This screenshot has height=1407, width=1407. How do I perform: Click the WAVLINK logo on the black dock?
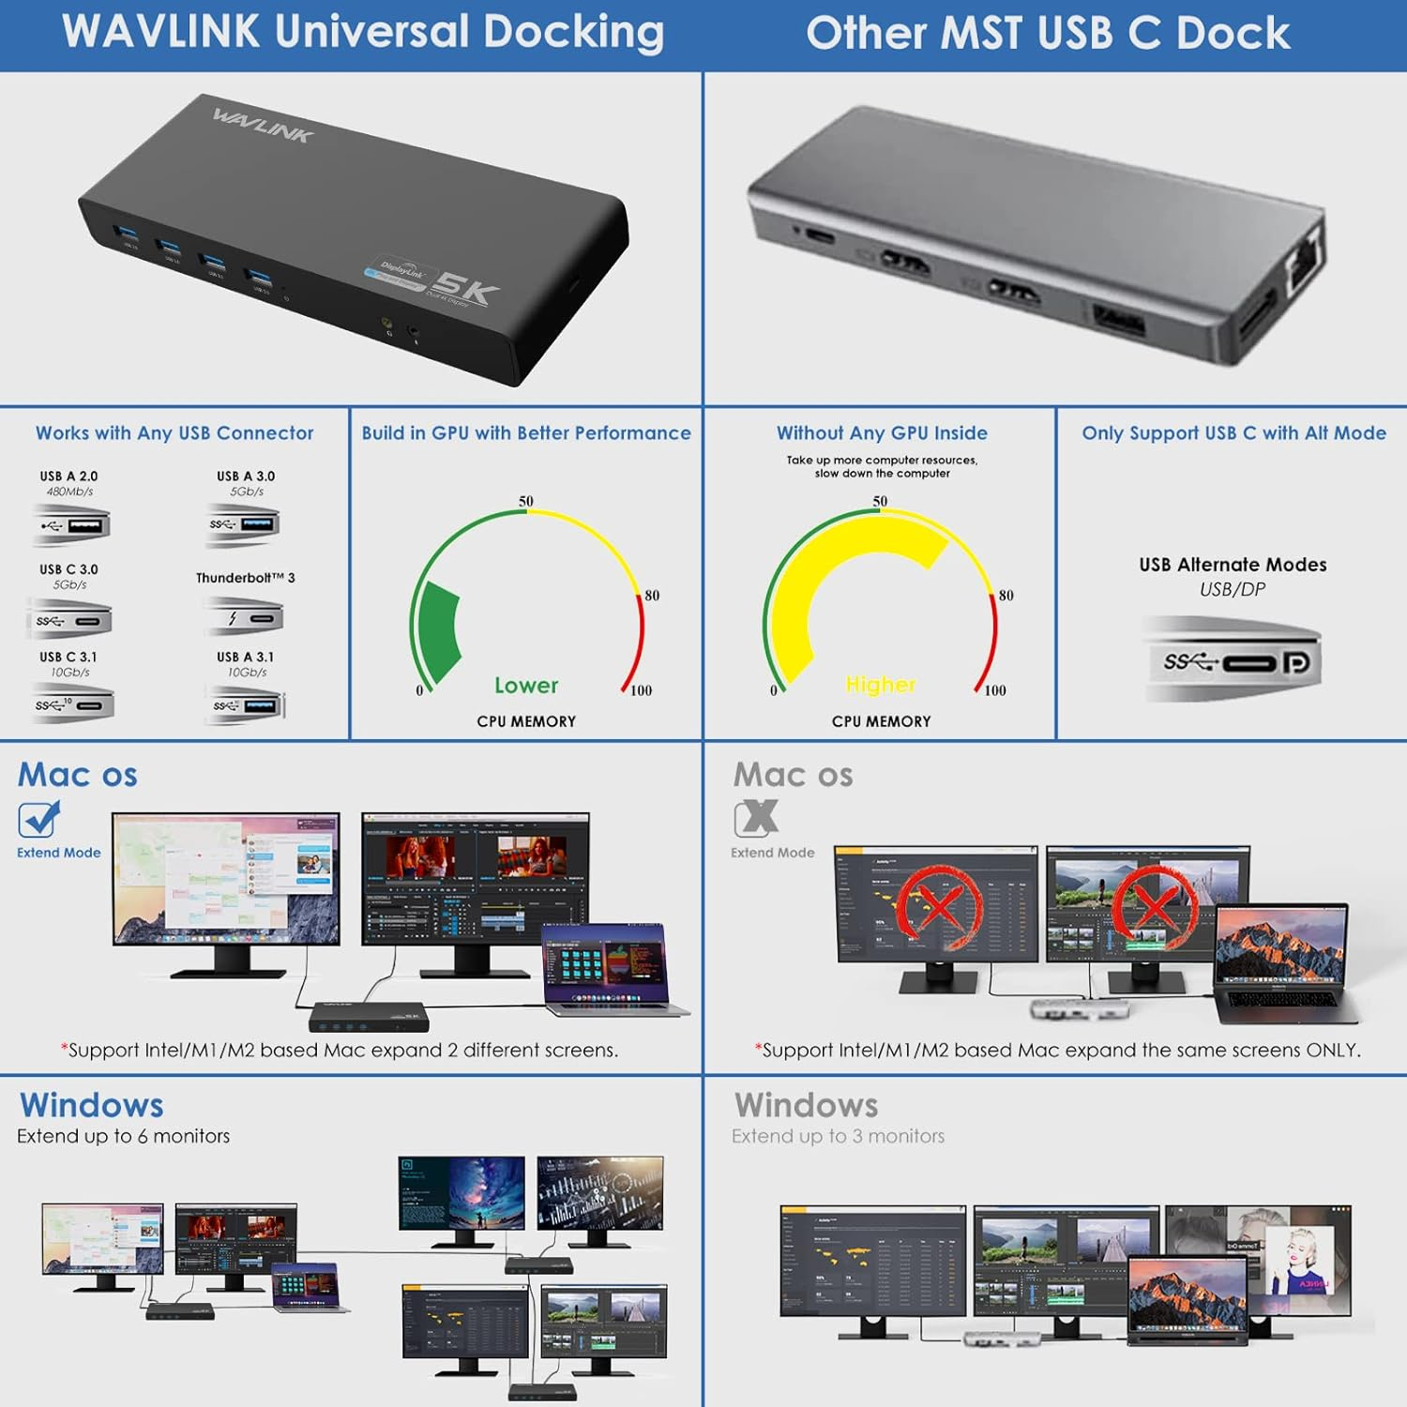[x=262, y=125]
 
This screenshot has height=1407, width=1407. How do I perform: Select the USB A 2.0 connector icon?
[x=72, y=524]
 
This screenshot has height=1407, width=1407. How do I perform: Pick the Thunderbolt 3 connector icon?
[x=244, y=618]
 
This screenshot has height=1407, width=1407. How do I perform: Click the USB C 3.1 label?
[x=68, y=657]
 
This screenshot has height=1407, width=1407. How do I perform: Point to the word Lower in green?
[x=526, y=686]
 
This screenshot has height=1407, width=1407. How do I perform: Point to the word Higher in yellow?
[x=880, y=685]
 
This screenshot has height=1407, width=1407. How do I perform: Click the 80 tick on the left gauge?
[x=651, y=596]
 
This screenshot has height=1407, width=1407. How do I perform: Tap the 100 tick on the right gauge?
[x=994, y=690]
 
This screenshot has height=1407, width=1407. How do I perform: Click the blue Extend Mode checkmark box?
[x=38, y=819]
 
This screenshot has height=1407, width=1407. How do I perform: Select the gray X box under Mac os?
[x=756, y=818]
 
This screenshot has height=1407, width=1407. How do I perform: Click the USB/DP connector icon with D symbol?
[x=1233, y=662]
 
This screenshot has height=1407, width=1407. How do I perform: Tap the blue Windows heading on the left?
[x=92, y=1105]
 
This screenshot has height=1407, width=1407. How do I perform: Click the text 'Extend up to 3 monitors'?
[x=838, y=1136]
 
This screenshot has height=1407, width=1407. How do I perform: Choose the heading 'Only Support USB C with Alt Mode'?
[x=1233, y=432]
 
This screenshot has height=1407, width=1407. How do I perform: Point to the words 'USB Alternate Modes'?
[x=1233, y=565]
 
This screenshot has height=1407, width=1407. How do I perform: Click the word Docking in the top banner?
[x=574, y=32]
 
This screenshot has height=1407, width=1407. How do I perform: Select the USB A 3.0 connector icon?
[x=244, y=524]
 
